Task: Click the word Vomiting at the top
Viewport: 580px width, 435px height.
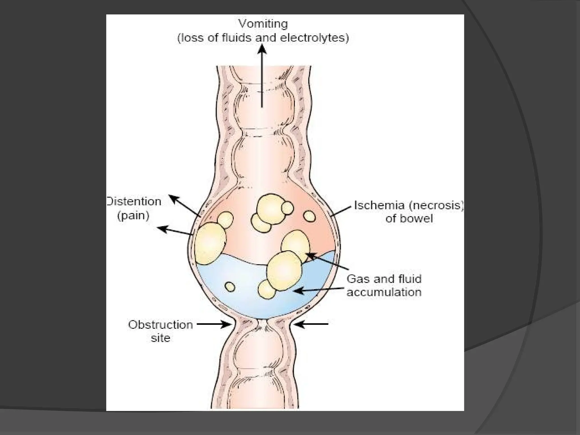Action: pos(263,24)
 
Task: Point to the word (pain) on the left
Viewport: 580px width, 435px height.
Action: pos(133,216)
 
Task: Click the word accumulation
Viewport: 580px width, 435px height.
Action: pos(384,292)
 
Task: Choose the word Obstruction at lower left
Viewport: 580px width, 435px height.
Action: pos(160,325)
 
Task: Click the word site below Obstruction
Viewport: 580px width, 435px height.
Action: pos(160,338)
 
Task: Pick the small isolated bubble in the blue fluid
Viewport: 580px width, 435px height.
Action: pos(230,287)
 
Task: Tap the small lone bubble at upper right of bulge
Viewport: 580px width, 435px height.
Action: pos(309,216)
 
